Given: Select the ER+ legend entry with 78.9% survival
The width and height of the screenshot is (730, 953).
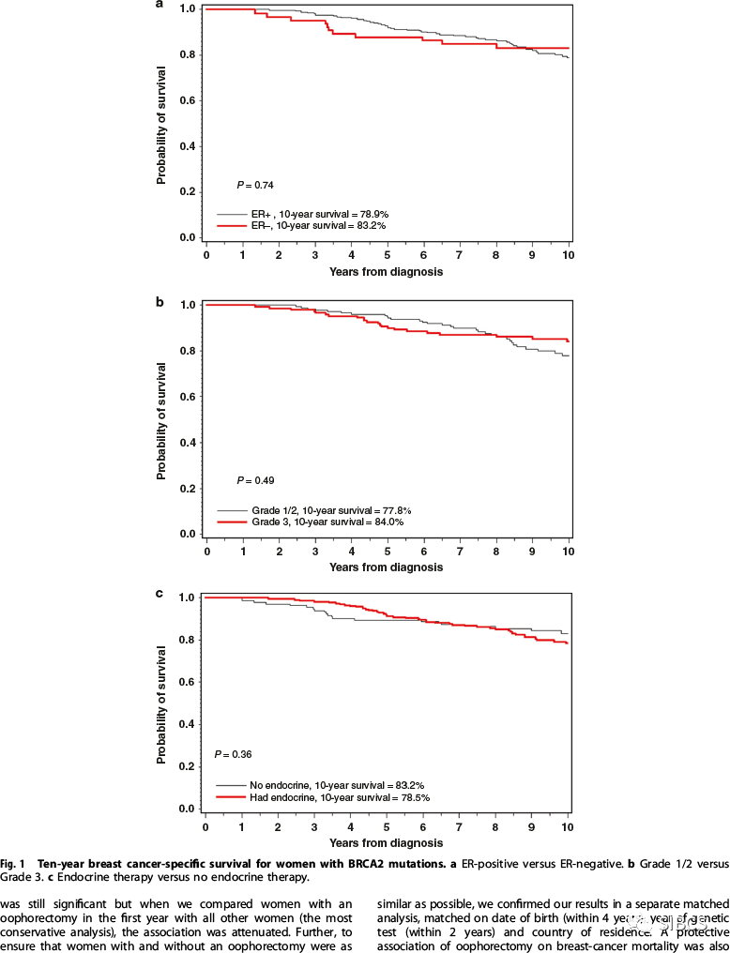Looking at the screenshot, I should point(301,214).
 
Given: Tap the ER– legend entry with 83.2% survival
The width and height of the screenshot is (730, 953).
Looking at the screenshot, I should point(301,226).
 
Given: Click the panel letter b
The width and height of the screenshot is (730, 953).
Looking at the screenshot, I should point(160,302).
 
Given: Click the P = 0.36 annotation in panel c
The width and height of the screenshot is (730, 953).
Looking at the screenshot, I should point(234,754).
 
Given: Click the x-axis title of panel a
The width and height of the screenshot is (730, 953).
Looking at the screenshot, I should point(386,272).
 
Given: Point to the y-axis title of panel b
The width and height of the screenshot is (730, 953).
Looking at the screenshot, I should point(161,418).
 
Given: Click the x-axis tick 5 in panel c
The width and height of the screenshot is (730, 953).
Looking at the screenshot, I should point(387,830).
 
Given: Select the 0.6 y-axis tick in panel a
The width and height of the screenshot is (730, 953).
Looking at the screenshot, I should point(187,100).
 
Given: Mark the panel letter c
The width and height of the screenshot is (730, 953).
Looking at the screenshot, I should point(160,593).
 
